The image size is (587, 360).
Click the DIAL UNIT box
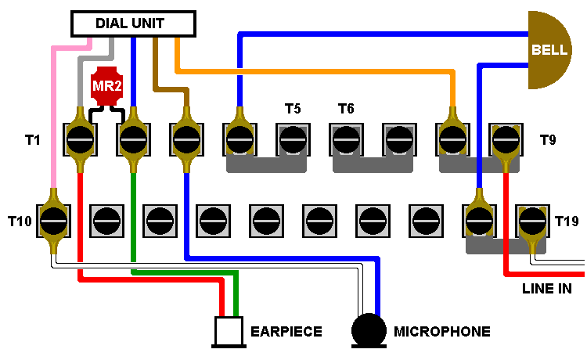(x=133, y=24)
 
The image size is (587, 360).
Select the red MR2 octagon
(x=107, y=86)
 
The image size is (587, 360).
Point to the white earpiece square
(x=229, y=332)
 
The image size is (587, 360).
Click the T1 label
(x=33, y=140)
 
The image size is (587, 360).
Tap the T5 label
(x=293, y=109)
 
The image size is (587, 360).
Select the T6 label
(x=346, y=109)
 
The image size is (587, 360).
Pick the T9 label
(x=548, y=140)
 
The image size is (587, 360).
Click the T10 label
(x=20, y=221)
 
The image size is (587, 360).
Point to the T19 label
(x=567, y=221)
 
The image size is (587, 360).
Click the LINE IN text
(x=547, y=289)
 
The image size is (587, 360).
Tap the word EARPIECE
(x=286, y=332)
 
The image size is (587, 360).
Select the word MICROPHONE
(x=442, y=332)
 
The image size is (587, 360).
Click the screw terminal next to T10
(x=53, y=221)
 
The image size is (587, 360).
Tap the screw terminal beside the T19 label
(x=532, y=221)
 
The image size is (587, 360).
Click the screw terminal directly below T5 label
(x=293, y=139)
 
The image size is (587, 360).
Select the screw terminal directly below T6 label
(x=346, y=139)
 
